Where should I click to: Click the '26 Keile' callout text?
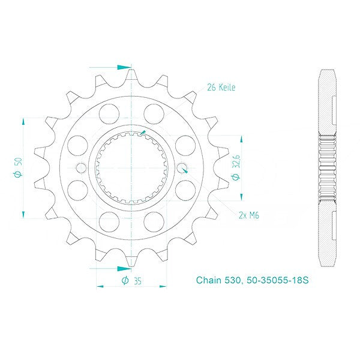pos(221,87)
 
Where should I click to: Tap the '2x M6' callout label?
pos(249,215)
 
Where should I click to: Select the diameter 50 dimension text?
pos(19,167)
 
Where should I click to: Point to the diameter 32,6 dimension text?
pos(236,167)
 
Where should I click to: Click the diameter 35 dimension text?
pos(131,281)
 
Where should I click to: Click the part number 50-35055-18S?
pos(277,280)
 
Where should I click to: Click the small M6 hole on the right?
pos(182,168)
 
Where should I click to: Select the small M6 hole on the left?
pos(81,168)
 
